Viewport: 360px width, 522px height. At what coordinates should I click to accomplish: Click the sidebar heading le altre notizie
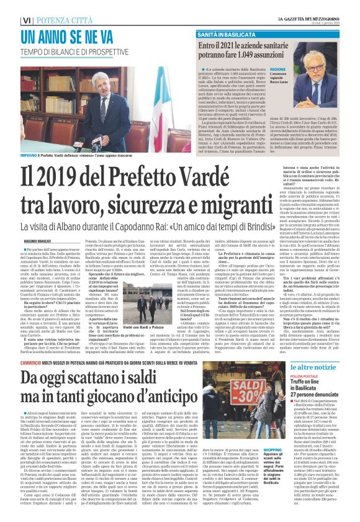(x=322, y=369)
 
